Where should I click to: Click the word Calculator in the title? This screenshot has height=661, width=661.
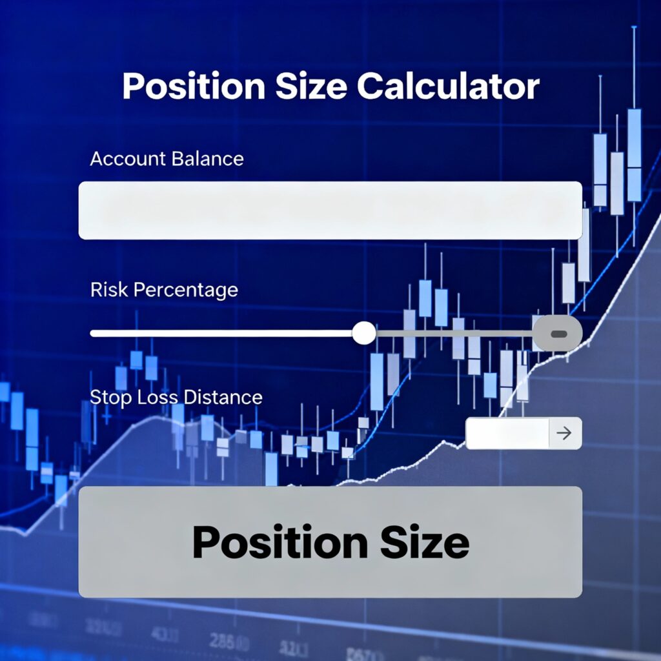point(448,86)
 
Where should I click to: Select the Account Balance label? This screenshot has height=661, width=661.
point(167,159)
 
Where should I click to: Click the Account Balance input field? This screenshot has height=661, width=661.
point(330,210)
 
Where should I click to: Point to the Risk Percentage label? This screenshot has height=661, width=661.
point(164,290)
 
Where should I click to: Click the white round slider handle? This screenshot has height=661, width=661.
point(364,333)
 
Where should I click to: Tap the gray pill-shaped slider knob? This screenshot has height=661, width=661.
point(558,334)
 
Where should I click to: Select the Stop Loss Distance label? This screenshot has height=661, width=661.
point(176,397)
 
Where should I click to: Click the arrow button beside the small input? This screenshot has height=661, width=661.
point(565,433)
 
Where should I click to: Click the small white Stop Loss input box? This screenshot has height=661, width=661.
point(507,433)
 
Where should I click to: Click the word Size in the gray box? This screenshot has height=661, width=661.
point(425,542)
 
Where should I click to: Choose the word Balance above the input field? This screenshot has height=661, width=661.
point(206,159)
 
